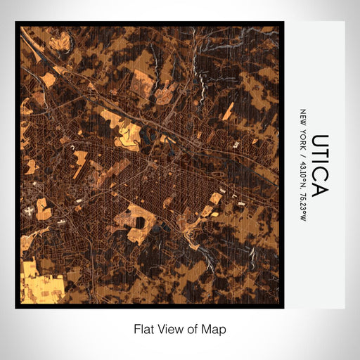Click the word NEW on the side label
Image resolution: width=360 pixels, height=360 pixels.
click(x=303, y=117)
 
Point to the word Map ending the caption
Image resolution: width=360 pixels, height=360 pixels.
click(x=217, y=328)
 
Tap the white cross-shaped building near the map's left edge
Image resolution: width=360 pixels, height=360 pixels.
click(x=30, y=209)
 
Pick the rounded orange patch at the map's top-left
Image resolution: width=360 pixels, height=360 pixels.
click(x=49, y=79)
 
